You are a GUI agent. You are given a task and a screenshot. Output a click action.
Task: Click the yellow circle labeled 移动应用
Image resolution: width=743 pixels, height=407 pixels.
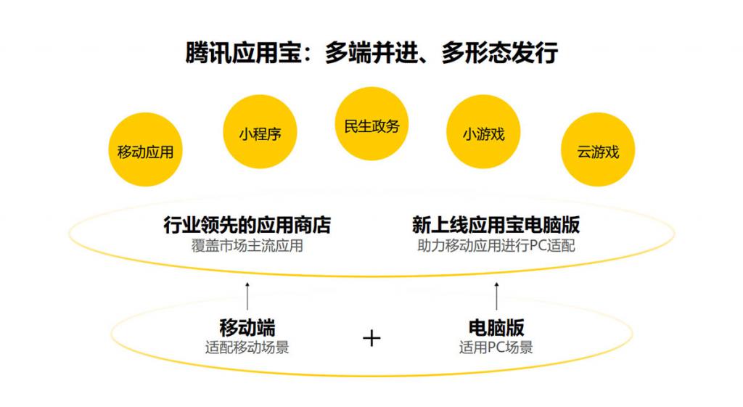pos(145,149)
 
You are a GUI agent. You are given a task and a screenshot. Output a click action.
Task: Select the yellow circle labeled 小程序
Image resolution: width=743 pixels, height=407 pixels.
pos(260,132)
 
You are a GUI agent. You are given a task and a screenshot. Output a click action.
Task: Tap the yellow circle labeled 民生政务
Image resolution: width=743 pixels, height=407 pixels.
pos(371,123)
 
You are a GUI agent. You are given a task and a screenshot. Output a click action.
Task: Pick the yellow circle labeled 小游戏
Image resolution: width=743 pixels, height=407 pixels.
pos(483,132)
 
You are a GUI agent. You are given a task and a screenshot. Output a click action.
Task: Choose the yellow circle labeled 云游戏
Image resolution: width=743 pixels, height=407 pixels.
pos(598,149)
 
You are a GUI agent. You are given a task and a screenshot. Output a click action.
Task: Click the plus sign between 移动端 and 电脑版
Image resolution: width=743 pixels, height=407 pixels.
pos(371,338)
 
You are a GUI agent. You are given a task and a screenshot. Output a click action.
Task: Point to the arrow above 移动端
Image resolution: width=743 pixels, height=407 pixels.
pos(247,296)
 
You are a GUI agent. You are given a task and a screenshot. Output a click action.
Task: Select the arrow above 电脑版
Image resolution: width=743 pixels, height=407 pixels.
pos(496,296)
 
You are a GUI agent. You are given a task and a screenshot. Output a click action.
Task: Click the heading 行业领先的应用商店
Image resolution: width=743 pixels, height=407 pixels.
pos(247,225)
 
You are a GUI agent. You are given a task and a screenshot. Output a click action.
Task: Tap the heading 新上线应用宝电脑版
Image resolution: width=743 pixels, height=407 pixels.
pos(496,225)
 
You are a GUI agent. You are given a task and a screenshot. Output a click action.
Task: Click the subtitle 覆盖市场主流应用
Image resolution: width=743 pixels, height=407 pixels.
pos(247,246)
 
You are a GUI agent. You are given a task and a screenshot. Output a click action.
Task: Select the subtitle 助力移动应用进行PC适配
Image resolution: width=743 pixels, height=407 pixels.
pos(496,246)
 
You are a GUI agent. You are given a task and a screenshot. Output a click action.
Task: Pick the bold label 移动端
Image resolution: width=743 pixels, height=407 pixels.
pos(247,327)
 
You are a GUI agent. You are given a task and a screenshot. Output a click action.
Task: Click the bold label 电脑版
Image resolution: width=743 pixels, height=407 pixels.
pos(496,327)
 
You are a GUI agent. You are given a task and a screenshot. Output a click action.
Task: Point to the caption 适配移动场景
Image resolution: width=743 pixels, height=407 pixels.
pos(247,348)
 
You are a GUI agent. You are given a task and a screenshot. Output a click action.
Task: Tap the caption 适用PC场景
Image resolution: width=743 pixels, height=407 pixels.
pos(496,348)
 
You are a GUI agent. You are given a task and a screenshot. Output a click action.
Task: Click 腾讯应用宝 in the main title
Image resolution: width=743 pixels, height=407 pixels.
pos(244,52)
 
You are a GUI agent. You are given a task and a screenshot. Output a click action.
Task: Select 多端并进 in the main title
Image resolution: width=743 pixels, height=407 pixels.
pos(371,52)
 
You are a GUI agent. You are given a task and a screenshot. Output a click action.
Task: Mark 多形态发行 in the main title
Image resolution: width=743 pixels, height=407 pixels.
pos(499,52)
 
